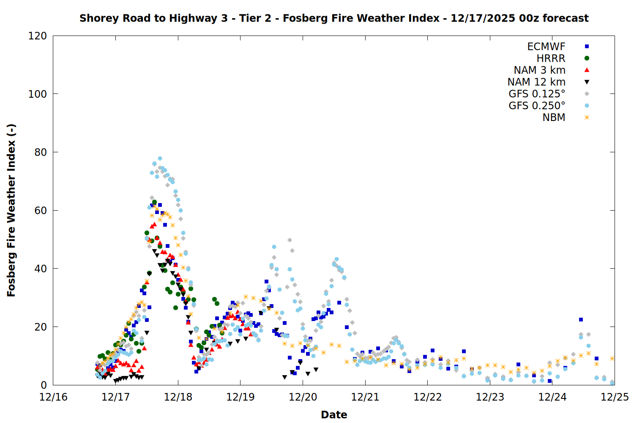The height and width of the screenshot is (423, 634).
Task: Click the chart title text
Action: pyautogui.click(x=334, y=18)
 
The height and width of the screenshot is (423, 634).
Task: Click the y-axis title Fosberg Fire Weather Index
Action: pyautogui.click(x=11, y=210)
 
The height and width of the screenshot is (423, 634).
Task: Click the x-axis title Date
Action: pyautogui.click(x=334, y=415)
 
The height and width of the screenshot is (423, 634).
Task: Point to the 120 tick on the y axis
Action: pyautogui.click(x=38, y=36)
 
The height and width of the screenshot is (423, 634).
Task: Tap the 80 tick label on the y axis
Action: pyautogui.click(x=41, y=152)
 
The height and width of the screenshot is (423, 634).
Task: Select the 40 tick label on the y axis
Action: pyautogui.click(x=41, y=269)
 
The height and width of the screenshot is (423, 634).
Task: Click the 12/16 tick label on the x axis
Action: pyautogui.click(x=53, y=397)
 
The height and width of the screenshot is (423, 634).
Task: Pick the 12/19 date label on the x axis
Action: pyautogui.click(x=240, y=397)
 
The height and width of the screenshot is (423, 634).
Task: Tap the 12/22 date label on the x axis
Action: pyautogui.click(x=428, y=397)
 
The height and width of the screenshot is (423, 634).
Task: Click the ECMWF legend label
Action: pyautogui.click(x=546, y=47)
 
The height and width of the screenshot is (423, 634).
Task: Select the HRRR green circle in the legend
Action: pyautogui.click(x=587, y=58)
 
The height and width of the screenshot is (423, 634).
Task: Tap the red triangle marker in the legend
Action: pyautogui.click(x=587, y=70)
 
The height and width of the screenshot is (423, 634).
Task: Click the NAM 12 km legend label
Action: pyautogui.click(x=536, y=82)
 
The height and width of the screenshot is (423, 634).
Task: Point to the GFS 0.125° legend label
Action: pyautogui.click(x=537, y=94)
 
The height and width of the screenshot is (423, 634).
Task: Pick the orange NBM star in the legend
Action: pyautogui.click(x=587, y=118)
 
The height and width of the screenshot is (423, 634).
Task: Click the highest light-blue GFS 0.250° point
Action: pyautogui.click(x=160, y=159)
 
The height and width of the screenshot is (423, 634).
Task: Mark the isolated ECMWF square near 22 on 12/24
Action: pyautogui.click(x=581, y=320)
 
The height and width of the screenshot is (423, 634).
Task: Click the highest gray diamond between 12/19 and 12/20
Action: pyautogui.click(x=290, y=240)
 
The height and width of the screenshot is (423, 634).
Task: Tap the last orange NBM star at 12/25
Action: pyautogui.click(x=612, y=358)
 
